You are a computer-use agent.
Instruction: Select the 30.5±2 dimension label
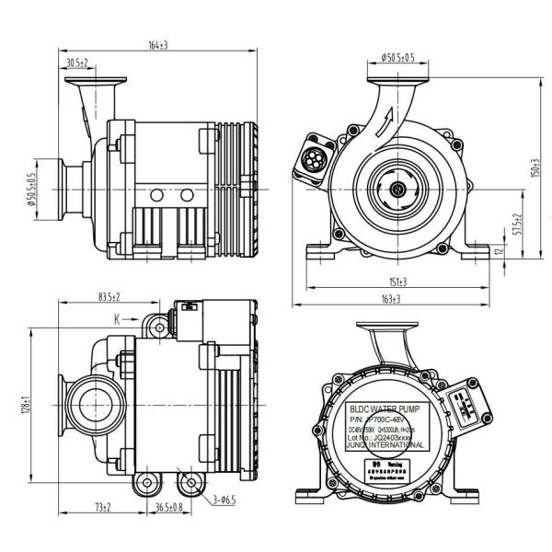[x=77, y=63]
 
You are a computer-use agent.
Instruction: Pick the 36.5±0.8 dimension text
[x=166, y=508]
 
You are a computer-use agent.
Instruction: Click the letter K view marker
[x=118, y=319]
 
